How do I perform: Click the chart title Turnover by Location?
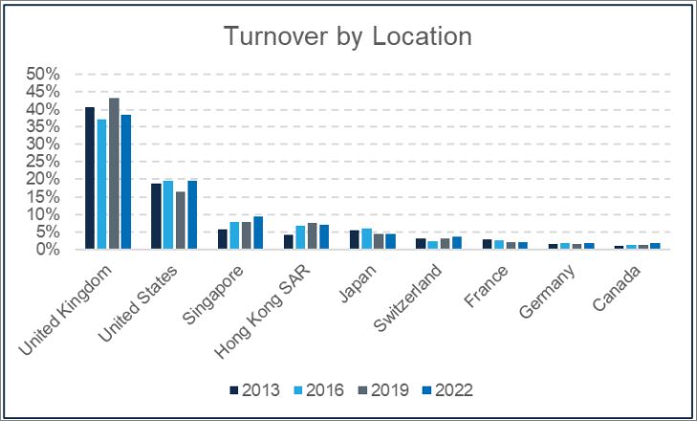(x=348, y=36)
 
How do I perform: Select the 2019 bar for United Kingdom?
(x=114, y=173)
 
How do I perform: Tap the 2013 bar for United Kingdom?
(x=90, y=178)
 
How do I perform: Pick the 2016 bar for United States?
(x=168, y=214)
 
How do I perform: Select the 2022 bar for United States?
(x=192, y=214)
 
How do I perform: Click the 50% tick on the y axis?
(x=42, y=74)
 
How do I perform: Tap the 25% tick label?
(x=42, y=162)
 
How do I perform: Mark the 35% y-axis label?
(x=42, y=126)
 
